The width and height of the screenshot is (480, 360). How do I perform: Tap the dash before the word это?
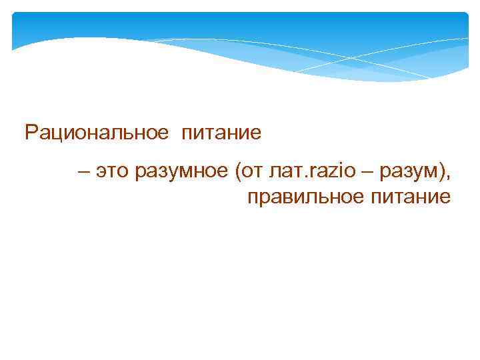(83, 173)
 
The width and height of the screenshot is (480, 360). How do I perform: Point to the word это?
(112, 173)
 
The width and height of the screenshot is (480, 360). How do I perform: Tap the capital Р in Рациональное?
(31, 133)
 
